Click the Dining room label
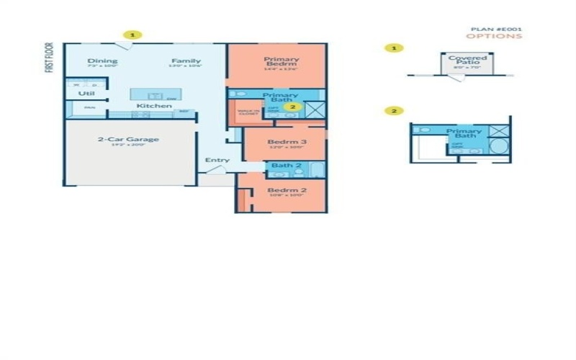(x=102, y=61)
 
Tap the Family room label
(x=185, y=61)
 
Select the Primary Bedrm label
(x=281, y=61)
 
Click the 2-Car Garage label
(x=128, y=140)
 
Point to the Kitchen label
(x=154, y=106)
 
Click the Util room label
(x=86, y=94)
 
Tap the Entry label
(x=217, y=160)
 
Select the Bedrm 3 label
(x=287, y=143)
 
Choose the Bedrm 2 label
(x=287, y=190)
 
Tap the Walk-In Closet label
(x=248, y=112)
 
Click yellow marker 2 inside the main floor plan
(x=291, y=107)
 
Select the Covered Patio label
(x=467, y=60)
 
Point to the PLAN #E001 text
(x=496, y=29)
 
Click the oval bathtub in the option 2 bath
(x=498, y=147)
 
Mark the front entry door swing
(x=218, y=170)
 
